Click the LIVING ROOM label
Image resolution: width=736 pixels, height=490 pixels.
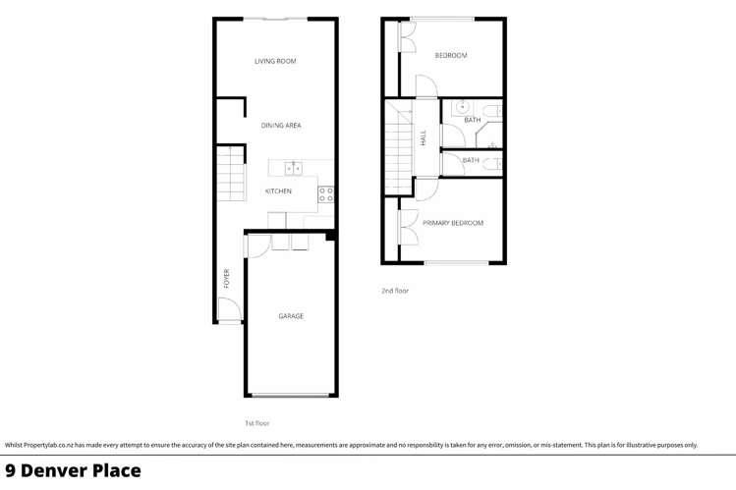(x=275, y=62)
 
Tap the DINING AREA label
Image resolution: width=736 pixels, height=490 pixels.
(x=281, y=126)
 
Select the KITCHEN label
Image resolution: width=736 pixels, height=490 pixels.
(x=278, y=191)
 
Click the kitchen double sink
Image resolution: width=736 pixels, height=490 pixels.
(x=292, y=169)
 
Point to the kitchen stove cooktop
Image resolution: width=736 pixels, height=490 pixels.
(x=326, y=194)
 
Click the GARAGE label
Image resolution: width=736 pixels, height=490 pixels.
(x=290, y=316)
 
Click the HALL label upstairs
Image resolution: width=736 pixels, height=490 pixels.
(x=424, y=140)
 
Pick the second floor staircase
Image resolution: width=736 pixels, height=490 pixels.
(x=399, y=147)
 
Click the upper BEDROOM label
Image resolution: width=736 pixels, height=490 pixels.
(x=451, y=55)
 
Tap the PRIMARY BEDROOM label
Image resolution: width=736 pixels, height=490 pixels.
(x=453, y=223)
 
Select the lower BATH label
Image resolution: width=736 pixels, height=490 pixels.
(x=471, y=160)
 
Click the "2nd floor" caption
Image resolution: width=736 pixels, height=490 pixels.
(x=395, y=291)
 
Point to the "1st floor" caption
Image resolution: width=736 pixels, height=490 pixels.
(x=256, y=423)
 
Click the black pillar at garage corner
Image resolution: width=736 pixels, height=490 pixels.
(x=331, y=235)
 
